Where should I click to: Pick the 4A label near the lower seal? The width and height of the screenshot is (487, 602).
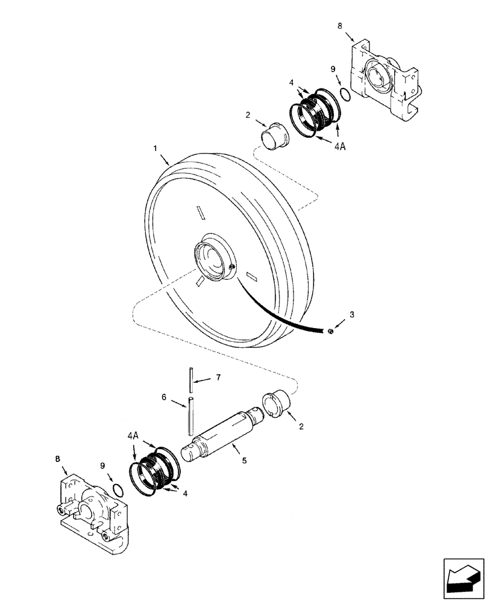coord(133,434)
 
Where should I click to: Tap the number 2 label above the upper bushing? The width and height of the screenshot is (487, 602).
coord(247,114)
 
